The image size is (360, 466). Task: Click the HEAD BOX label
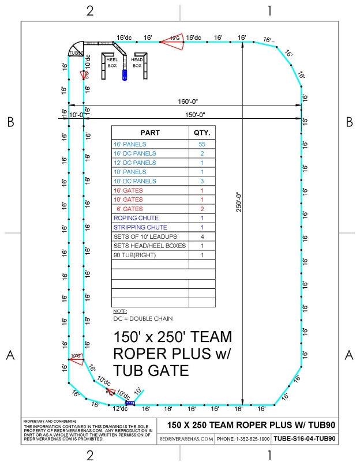pyautogui.click(x=137, y=62)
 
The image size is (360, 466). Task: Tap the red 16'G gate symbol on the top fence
pyautogui.click(x=172, y=39)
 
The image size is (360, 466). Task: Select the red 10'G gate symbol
pyautogui.click(x=76, y=358)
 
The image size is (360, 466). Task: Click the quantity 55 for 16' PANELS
pyautogui.click(x=202, y=144)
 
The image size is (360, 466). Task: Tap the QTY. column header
pyautogui.click(x=202, y=132)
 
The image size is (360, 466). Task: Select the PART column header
pyautogui.click(x=150, y=132)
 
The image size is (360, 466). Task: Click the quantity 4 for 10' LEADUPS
pyautogui.click(x=202, y=236)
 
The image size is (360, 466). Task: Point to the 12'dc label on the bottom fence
pyautogui.click(x=120, y=408)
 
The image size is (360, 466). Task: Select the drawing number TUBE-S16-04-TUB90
pyautogui.click(x=305, y=438)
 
